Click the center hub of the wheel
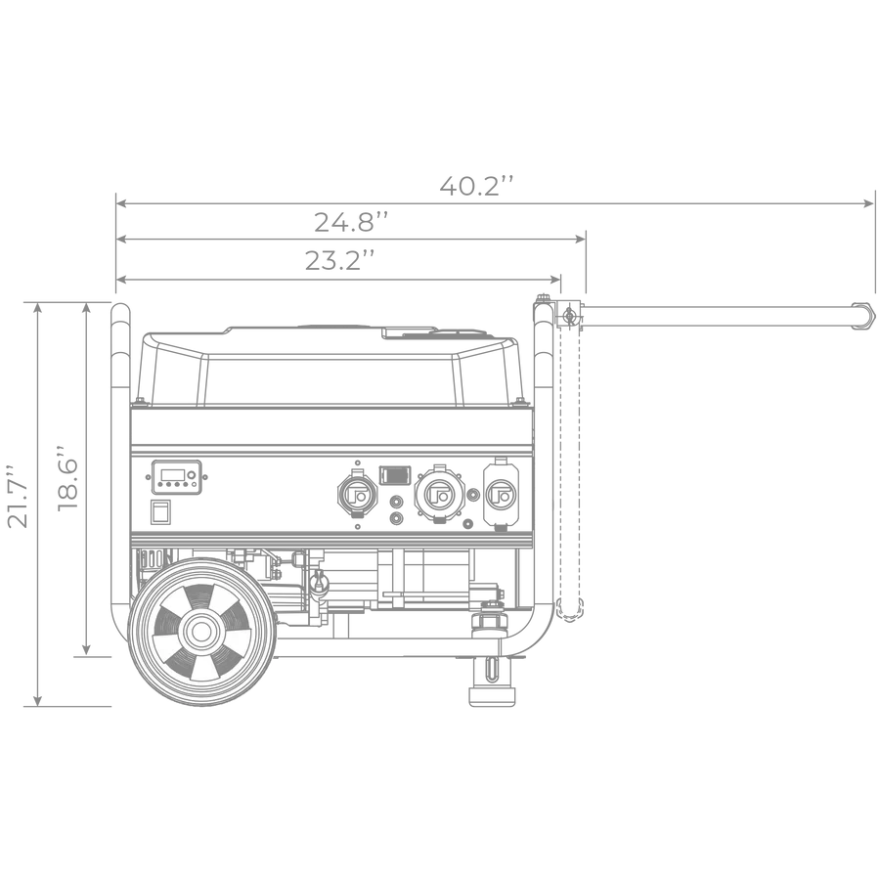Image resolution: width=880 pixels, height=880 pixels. [x=201, y=632]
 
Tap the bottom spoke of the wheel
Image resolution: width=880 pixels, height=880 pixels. [x=203, y=667]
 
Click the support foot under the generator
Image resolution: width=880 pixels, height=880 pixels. [x=492, y=688]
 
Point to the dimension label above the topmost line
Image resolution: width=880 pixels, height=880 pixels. [x=476, y=183]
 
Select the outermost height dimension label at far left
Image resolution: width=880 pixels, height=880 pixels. [x=8, y=499]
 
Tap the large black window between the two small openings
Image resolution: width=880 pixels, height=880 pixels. [x=328, y=381]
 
